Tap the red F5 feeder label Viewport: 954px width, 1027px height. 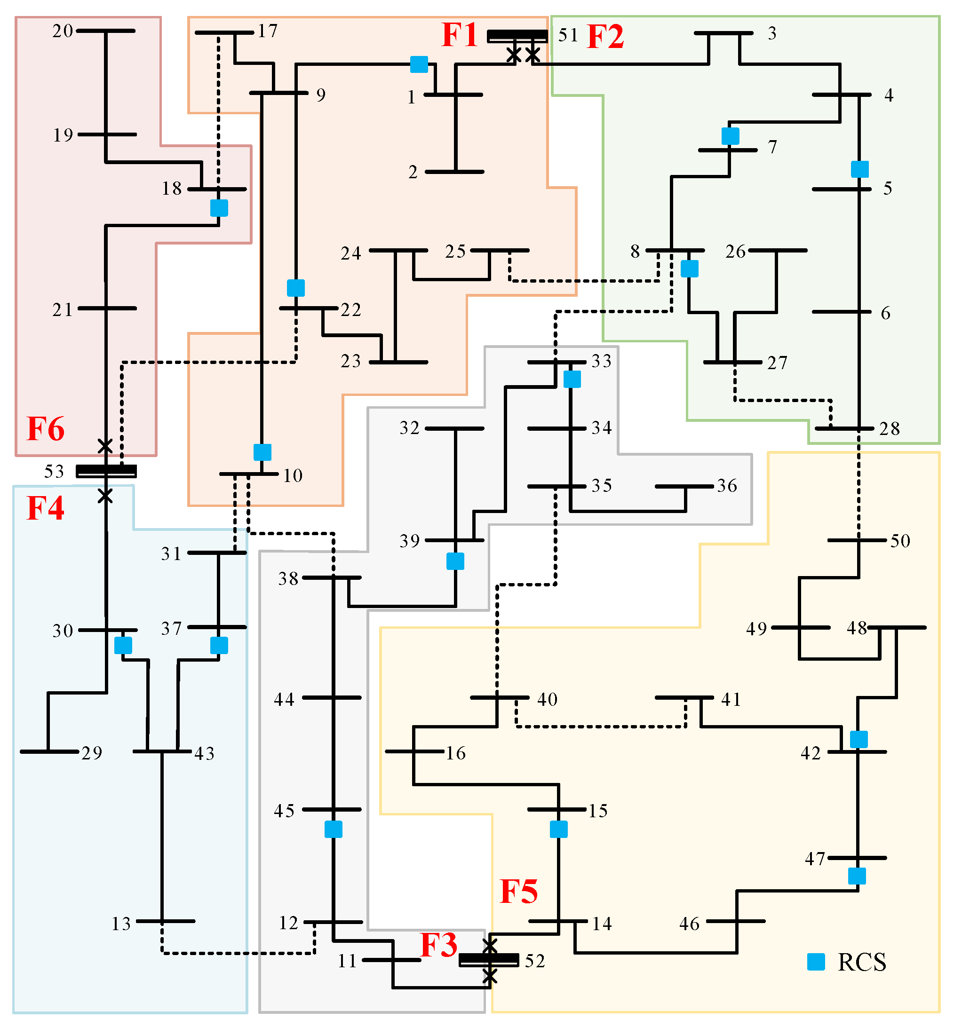click(518, 891)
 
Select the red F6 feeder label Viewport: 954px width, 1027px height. click(46, 429)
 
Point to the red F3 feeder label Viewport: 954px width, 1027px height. click(438, 945)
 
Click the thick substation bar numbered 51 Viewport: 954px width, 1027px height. click(517, 36)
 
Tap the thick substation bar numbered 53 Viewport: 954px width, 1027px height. click(106, 471)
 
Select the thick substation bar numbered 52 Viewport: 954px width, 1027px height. click(488, 959)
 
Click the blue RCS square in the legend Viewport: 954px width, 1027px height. click(816, 962)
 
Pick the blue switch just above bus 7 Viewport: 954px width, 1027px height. click(730, 136)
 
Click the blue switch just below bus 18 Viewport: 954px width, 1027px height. click(219, 208)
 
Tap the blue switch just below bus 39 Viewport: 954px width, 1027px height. click(455, 561)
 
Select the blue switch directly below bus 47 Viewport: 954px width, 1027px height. click(857, 876)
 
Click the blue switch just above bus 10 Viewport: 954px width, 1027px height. click(262, 452)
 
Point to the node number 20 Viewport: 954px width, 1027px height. click(63, 32)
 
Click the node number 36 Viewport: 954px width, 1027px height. click(727, 486)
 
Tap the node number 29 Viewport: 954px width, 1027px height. click(92, 753)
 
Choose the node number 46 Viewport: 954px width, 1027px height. click(689, 924)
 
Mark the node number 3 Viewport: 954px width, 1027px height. click(772, 33)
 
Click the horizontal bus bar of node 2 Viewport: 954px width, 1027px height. click(454, 172)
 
